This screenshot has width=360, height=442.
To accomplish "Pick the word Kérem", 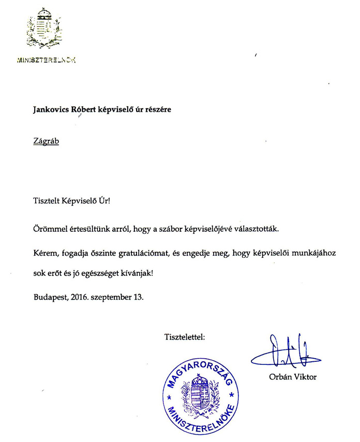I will [x=44, y=252].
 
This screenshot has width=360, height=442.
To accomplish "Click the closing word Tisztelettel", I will [x=185, y=337].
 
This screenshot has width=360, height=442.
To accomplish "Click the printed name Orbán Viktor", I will [x=293, y=377].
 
